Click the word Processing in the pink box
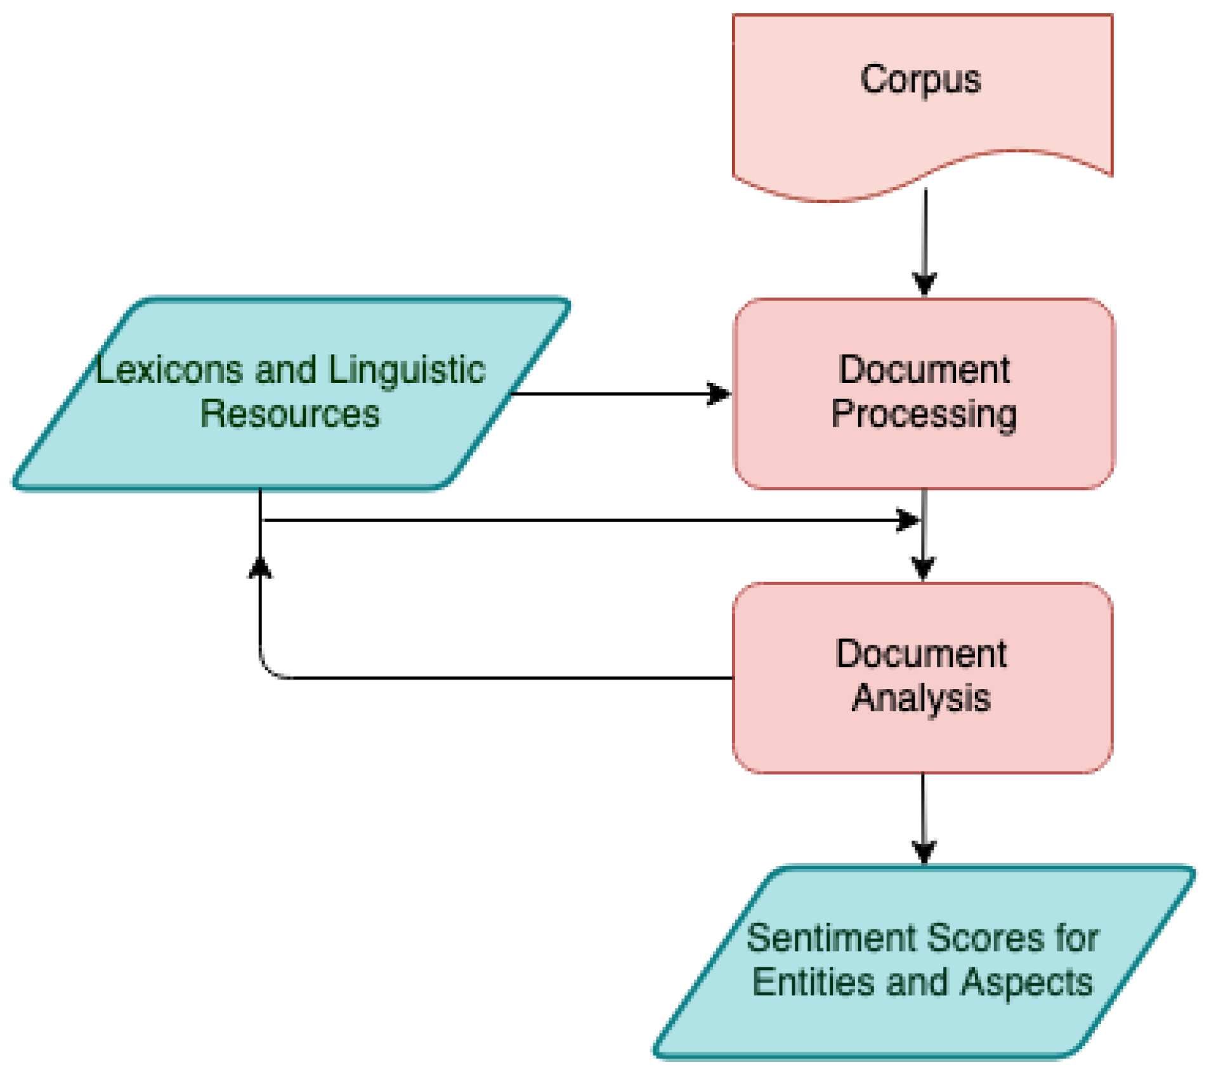pos(924,415)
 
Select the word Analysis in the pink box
pos(920,698)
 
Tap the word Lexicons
pos(169,370)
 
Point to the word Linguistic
pos(407,371)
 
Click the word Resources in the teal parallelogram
pos(290,414)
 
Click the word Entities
pos(814,982)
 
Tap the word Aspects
pos(1026,982)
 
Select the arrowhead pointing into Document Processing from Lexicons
pos(719,394)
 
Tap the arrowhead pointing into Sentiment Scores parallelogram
pos(924,851)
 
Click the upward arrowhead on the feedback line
pos(260,567)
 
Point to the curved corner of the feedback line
pos(270,669)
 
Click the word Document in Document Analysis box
pos(920,654)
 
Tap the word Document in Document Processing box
pos(924,370)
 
